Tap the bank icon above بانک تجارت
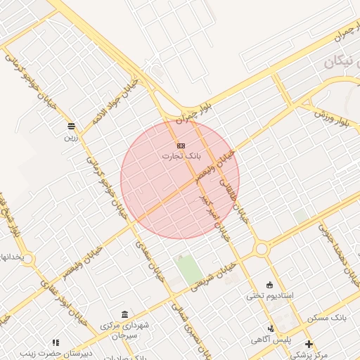coord(181,145)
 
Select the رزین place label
coord(71,137)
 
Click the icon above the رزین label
coord(71,127)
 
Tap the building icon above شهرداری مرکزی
coord(124,314)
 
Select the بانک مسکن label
coord(328,319)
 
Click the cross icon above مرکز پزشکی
coord(309,343)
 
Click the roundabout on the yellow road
coord(262,249)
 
